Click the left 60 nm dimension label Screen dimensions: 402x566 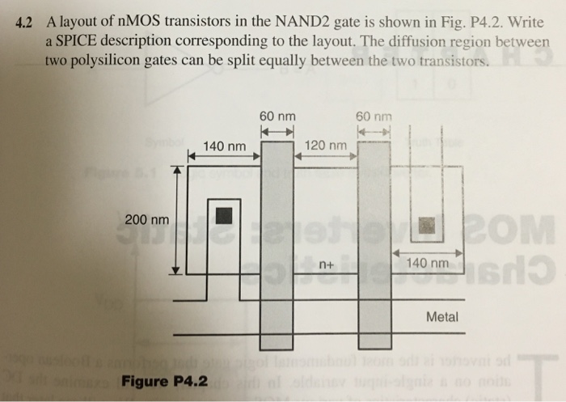277,116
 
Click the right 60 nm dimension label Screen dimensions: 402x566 373,116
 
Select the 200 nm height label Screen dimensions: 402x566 147,220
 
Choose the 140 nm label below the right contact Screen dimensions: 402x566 427,264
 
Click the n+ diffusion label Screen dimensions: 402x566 327,264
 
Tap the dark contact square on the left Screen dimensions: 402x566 223,215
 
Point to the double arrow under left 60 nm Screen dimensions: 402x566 277,130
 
